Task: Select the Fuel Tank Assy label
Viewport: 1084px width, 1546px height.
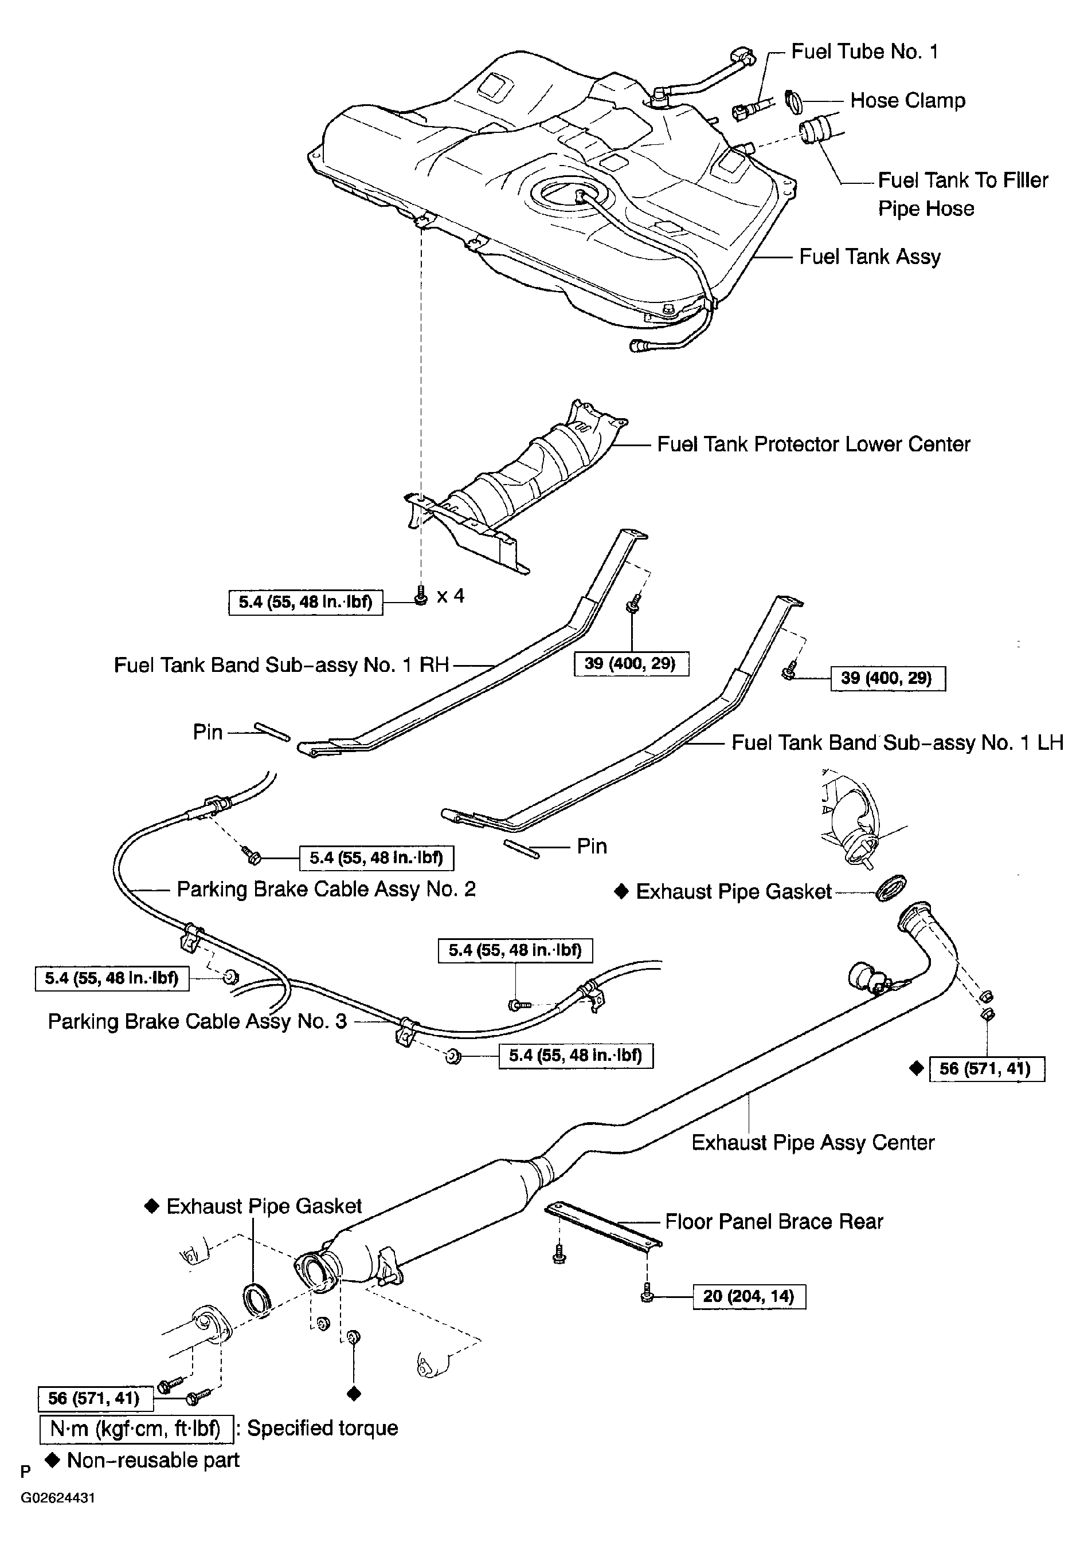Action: click(x=870, y=257)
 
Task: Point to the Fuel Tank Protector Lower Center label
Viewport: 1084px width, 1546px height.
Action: click(x=813, y=444)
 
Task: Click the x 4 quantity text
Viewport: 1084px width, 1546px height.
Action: click(x=451, y=596)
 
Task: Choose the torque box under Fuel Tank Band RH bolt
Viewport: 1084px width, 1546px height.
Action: click(x=631, y=664)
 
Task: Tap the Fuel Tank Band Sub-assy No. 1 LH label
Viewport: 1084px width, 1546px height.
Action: click(x=897, y=743)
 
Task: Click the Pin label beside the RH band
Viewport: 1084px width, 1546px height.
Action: click(x=208, y=732)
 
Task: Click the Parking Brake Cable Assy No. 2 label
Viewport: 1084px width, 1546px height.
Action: click(x=326, y=890)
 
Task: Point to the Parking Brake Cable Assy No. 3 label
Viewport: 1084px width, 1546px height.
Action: click(x=197, y=1021)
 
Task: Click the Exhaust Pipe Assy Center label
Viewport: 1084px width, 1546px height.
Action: click(x=813, y=1143)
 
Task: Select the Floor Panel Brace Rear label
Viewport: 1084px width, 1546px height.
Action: click(x=774, y=1221)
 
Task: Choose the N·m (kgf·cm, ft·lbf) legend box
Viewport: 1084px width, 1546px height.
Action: click(x=136, y=1429)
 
